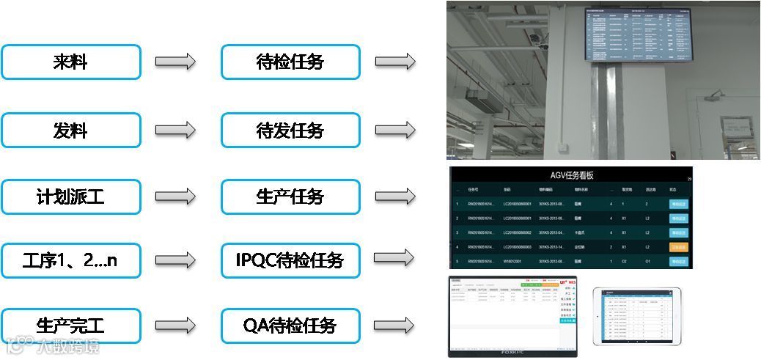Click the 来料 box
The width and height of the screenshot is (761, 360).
[70, 62]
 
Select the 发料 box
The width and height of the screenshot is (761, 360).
[70, 131]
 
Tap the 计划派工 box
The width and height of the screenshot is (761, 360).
[70, 196]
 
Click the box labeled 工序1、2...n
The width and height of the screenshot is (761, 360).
[70, 260]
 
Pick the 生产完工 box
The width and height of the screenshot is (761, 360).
[70, 325]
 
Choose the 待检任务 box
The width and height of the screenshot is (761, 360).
[290, 62]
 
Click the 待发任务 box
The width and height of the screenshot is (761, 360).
[290, 131]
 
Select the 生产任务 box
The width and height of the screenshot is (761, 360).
[290, 196]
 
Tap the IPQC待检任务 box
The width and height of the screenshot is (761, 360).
[290, 260]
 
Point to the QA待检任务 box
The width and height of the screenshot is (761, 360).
[290, 325]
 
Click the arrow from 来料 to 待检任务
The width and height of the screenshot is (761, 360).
[175, 62]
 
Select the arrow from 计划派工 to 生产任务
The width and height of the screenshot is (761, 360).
[175, 196]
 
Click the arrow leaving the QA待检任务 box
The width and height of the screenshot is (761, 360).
[395, 325]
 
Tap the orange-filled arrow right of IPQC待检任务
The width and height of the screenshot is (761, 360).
[395, 259]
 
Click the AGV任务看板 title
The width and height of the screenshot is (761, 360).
[571, 175]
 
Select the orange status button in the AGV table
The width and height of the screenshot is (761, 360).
[678, 247]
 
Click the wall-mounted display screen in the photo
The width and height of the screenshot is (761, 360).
[637, 34]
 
